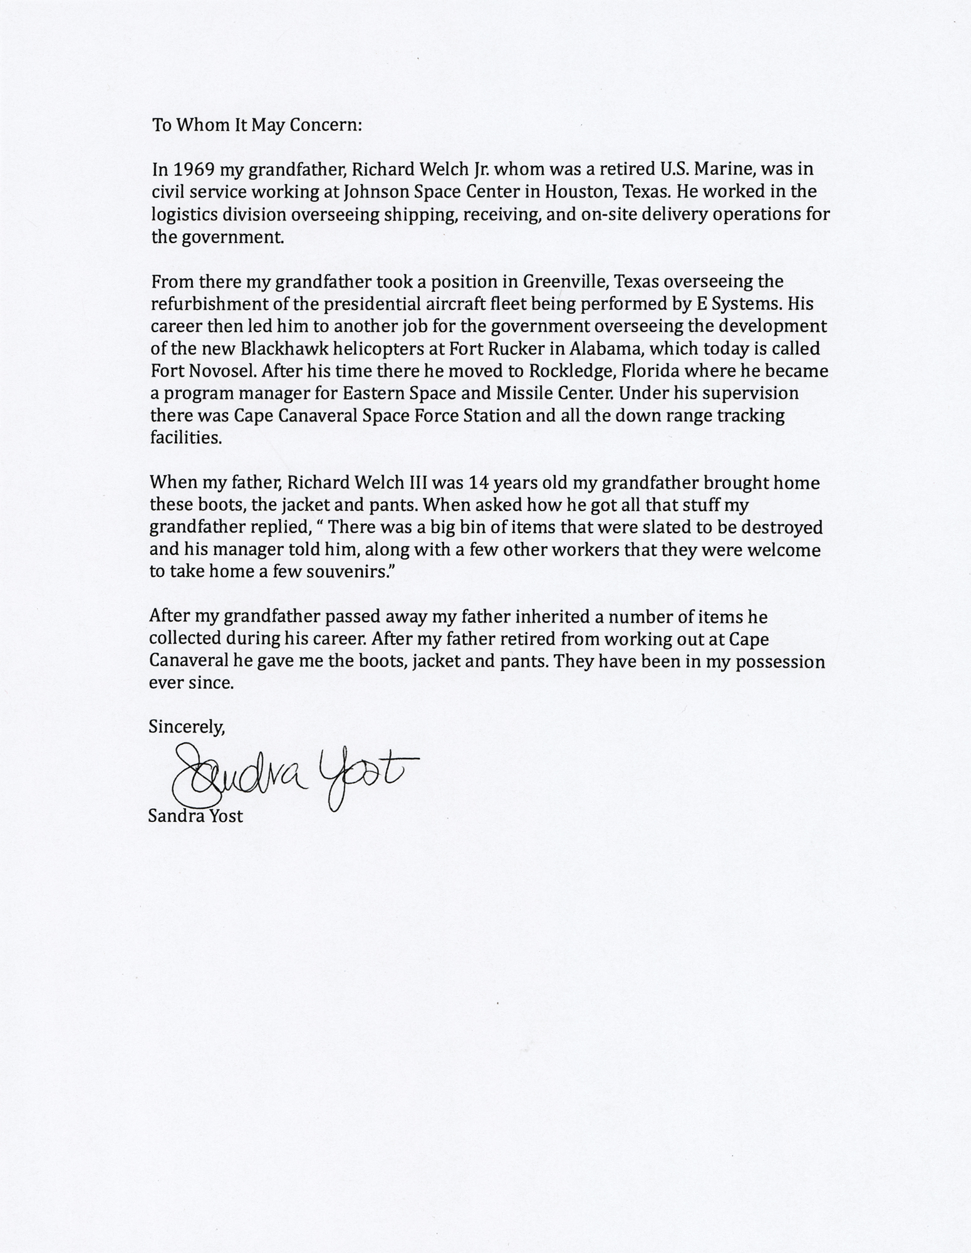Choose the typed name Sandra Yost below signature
(195, 816)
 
